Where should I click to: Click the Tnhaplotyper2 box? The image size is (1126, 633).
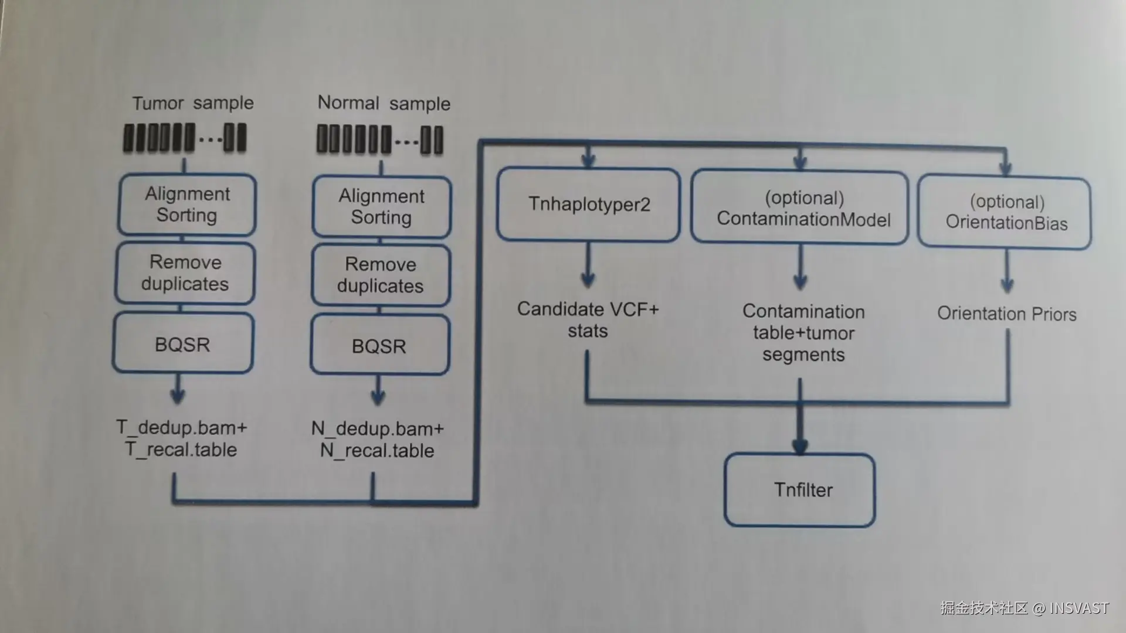tap(588, 204)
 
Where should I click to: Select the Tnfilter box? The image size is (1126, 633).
tap(800, 490)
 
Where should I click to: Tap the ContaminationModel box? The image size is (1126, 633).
tap(800, 207)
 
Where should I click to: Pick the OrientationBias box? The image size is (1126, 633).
tap(1005, 212)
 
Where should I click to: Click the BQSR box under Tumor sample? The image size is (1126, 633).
tap(183, 343)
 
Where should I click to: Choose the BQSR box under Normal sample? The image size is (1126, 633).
tap(380, 345)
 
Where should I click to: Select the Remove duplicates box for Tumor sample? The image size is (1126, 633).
tap(185, 273)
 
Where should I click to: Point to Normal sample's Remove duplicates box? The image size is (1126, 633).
tap(381, 275)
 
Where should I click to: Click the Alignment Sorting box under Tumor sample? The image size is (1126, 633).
tap(187, 205)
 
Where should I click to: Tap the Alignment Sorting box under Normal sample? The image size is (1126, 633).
tap(382, 207)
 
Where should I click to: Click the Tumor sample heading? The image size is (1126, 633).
tap(193, 103)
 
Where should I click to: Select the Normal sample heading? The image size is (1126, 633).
tap(384, 103)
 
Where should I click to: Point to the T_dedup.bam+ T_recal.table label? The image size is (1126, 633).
tap(181, 438)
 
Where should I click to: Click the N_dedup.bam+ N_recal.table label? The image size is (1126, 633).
tap(378, 440)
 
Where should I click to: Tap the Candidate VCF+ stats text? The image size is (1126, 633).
tap(588, 320)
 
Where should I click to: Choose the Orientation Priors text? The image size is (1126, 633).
tap(1007, 314)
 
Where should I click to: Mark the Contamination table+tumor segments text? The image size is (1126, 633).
tap(803, 333)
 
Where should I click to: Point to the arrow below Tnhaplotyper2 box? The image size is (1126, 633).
tap(588, 265)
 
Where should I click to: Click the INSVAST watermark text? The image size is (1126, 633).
tap(1079, 608)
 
